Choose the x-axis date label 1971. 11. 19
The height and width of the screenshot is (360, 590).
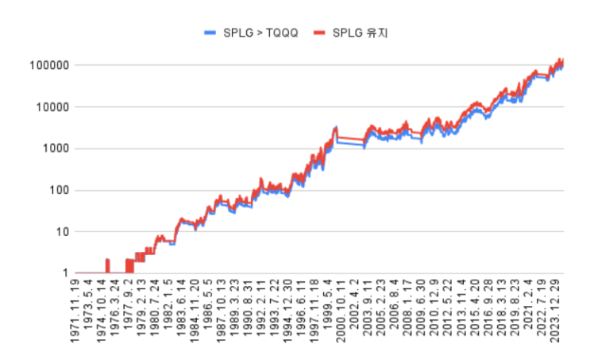[75, 315]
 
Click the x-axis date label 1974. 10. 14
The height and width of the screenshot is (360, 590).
[102, 315]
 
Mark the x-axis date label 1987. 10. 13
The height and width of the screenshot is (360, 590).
[222, 315]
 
